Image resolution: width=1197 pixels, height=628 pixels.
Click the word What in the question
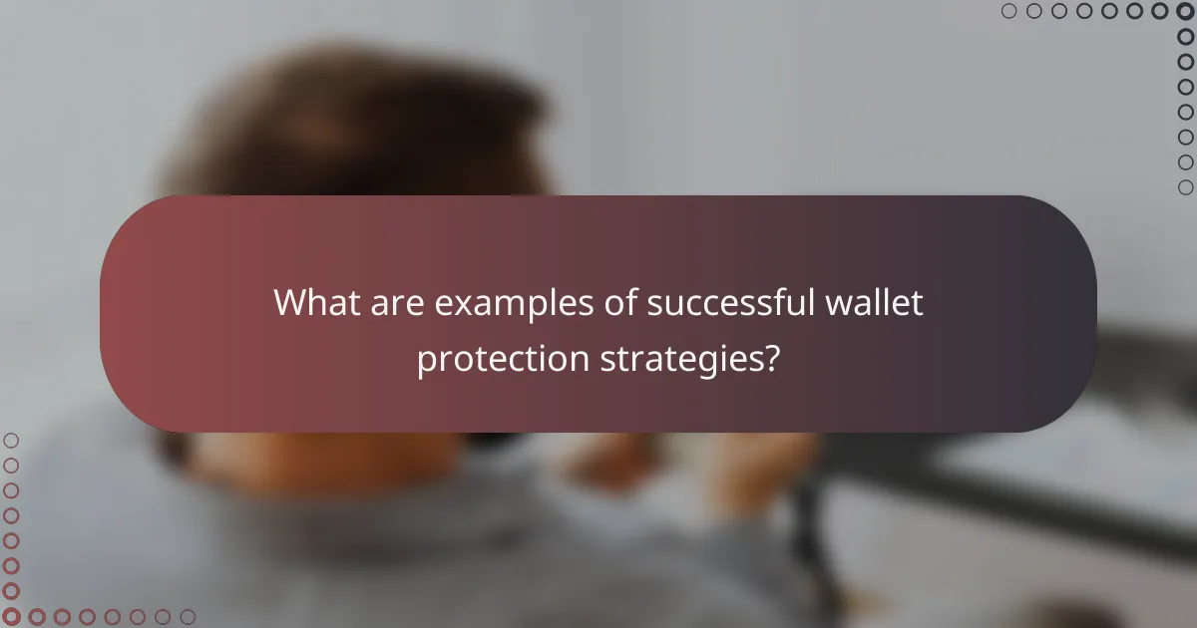click(x=314, y=303)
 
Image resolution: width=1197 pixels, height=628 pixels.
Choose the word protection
click(x=503, y=359)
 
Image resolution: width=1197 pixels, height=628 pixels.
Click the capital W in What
click(x=291, y=303)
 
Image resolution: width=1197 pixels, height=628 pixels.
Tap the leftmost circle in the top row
click(x=1009, y=11)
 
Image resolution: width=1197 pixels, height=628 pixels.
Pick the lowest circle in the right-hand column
click(x=1185, y=186)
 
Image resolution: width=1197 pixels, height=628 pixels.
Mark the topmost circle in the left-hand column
click(x=11, y=441)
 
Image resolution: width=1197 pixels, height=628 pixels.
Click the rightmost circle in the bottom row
click(x=188, y=617)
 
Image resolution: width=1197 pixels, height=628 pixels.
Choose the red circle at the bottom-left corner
click(x=11, y=617)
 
